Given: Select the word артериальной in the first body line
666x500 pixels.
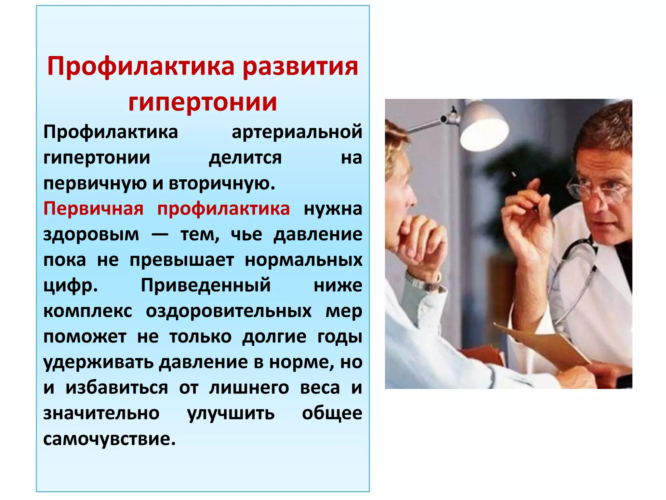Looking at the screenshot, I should click(x=297, y=132).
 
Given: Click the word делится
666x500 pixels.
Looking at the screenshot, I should click(x=245, y=158).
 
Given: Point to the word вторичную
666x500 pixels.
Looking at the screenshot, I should click(x=222, y=183).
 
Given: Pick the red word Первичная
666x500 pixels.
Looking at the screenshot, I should click(x=93, y=209).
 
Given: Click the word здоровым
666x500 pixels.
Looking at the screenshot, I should click(x=91, y=234).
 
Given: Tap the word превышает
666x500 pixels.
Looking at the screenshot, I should click(x=182, y=260).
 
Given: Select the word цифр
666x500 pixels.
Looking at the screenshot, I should click(x=70, y=286).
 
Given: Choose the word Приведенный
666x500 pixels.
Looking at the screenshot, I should click(x=206, y=285).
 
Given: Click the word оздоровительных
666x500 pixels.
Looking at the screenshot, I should click(x=229, y=311).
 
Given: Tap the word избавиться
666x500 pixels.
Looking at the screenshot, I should click(x=117, y=388).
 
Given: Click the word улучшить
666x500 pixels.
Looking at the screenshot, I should click(x=231, y=413).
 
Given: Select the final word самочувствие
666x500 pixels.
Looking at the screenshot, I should click(x=109, y=439).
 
